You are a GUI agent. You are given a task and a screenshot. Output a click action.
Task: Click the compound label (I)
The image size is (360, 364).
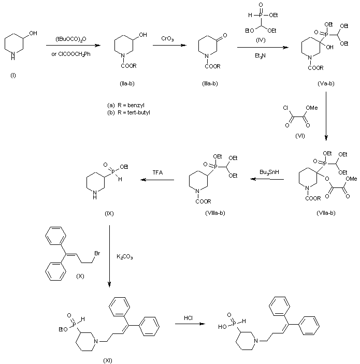(13, 76)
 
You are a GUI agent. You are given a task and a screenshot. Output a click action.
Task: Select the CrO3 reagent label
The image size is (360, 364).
(167, 38)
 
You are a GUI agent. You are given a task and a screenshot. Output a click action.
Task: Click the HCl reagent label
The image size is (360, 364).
(189, 317)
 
